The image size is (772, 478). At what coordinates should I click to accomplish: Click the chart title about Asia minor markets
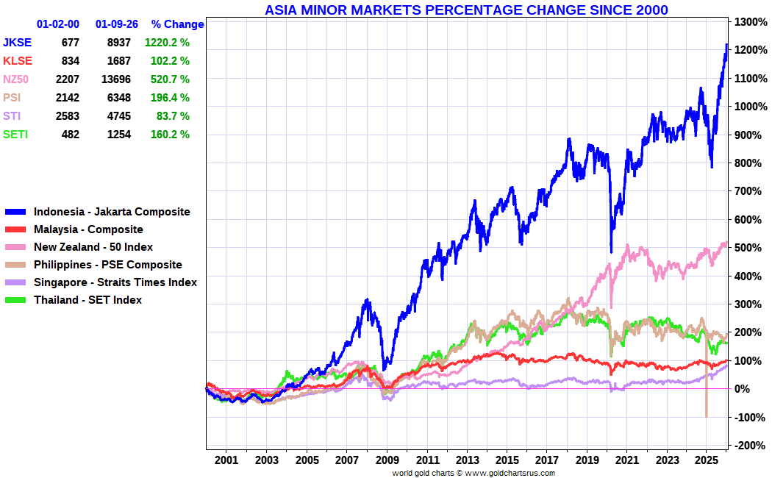(466, 10)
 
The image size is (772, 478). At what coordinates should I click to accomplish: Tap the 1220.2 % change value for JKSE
(167, 43)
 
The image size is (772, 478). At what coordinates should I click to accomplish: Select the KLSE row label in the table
(18, 61)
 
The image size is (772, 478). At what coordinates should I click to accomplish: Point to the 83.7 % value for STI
(173, 116)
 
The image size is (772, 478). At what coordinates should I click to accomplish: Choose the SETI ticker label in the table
(16, 135)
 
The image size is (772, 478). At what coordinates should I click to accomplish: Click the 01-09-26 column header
(117, 24)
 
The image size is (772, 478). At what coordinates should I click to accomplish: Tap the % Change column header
(177, 24)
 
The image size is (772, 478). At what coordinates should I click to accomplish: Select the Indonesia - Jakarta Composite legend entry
(112, 212)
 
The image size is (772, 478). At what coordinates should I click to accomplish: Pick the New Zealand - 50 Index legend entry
(93, 247)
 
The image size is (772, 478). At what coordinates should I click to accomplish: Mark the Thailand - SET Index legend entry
(87, 300)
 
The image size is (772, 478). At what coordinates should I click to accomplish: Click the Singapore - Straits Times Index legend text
(115, 282)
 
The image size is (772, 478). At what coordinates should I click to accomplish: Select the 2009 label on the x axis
(387, 460)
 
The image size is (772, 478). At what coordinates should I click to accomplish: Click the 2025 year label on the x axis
(707, 460)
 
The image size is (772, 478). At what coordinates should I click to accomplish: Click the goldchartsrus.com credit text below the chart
(473, 473)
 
